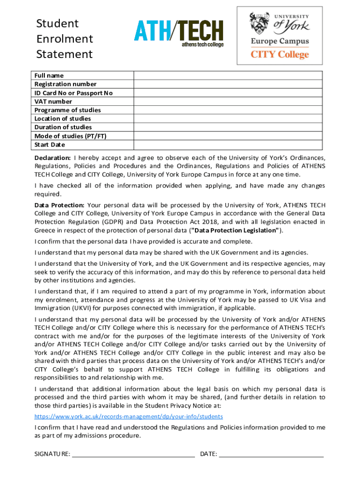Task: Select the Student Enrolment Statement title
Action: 65,39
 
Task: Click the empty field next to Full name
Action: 228,76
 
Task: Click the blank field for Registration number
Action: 228,84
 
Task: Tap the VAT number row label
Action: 53,102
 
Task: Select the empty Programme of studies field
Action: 228,110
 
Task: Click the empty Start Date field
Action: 228,145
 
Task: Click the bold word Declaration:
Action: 53,158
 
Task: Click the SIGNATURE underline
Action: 133,454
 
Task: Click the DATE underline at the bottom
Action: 271,454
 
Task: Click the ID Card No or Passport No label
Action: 73,93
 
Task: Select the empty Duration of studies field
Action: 228,127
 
